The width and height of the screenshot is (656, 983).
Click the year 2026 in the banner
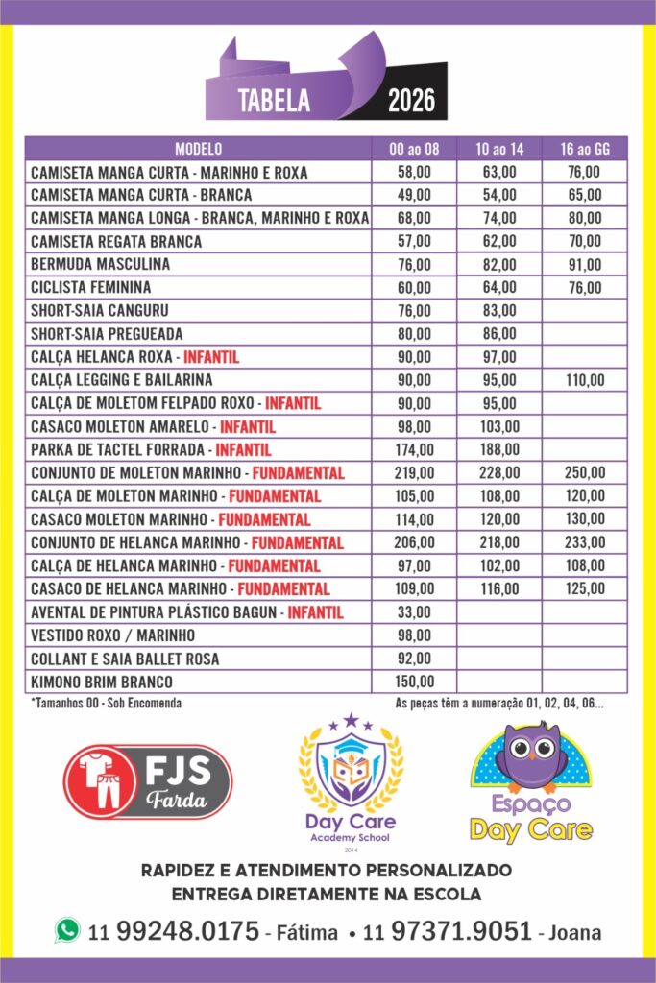click(x=411, y=101)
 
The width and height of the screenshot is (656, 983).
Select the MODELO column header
click(x=198, y=149)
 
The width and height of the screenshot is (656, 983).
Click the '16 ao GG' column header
click(x=585, y=149)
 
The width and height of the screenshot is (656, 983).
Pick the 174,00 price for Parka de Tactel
click(x=414, y=449)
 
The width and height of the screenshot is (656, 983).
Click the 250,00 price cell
click(x=585, y=472)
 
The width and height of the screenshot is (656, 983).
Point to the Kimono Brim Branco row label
click(x=102, y=682)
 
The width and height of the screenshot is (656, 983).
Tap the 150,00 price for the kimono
click(x=414, y=682)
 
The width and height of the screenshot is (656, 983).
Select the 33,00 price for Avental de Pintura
click(x=414, y=611)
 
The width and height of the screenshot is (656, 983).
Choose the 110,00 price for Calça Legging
click(x=585, y=380)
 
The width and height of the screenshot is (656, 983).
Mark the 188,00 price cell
click(x=499, y=449)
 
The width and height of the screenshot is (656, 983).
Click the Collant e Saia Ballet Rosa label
click(x=125, y=659)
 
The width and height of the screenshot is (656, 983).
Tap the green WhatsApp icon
click(x=67, y=929)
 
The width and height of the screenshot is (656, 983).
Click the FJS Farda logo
click(x=147, y=781)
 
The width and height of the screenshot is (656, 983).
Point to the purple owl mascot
click(x=531, y=757)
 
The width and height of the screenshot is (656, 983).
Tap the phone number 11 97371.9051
click(x=447, y=931)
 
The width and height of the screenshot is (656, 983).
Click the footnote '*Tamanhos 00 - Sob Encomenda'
click(x=106, y=703)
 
